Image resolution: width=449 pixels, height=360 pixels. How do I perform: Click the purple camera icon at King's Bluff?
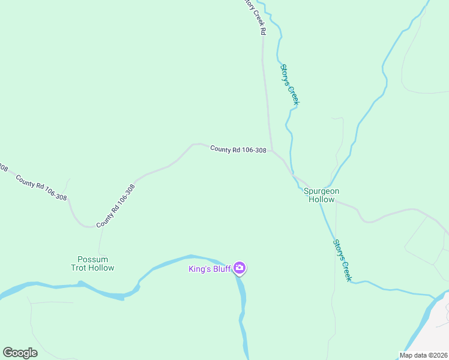pyautogui.click(x=240, y=268)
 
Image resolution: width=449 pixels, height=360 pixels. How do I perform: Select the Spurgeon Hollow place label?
pyautogui.click(x=321, y=195)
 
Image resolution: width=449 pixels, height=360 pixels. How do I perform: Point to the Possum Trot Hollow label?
pyautogui.click(x=92, y=263)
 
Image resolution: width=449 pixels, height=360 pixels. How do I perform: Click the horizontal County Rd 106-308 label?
pyautogui.click(x=238, y=149)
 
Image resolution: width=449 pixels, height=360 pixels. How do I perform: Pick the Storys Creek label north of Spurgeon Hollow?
pyautogui.click(x=289, y=85)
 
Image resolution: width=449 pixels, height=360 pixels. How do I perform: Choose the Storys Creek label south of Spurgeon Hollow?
pyautogui.click(x=342, y=260)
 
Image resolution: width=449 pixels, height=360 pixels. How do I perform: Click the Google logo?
pyautogui.click(x=20, y=353)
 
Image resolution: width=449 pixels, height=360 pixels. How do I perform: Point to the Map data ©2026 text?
pyautogui.click(x=423, y=355)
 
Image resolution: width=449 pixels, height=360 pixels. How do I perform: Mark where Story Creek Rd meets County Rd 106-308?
pyautogui.click(x=271, y=150)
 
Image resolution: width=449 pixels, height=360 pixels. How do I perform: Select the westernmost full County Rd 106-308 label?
pyautogui.click(x=41, y=187)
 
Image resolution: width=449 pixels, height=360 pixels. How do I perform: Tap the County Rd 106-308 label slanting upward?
pyautogui.click(x=115, y=205)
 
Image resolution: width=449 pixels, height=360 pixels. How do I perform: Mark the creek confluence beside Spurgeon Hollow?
pyautogui.click(x=324, y=187)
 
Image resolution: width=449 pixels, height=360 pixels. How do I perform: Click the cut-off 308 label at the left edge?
pyautogui.click(x=3, y=167)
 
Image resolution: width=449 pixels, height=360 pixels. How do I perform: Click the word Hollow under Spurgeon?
pyautogui.click(x=321, y=199)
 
